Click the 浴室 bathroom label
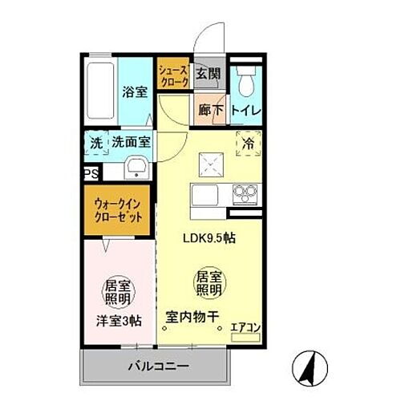pyautogui.click(x=133, y=91)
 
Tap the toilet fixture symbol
pyautogui.click(x=245, y=79)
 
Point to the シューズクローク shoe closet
pyautogui.click(x=173, y=77)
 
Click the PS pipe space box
pyautogui.click(x=89, y=172)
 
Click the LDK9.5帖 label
pyautogui.click(x=211, y=238)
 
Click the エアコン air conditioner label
pyautogui.click(x=243, y=327)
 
